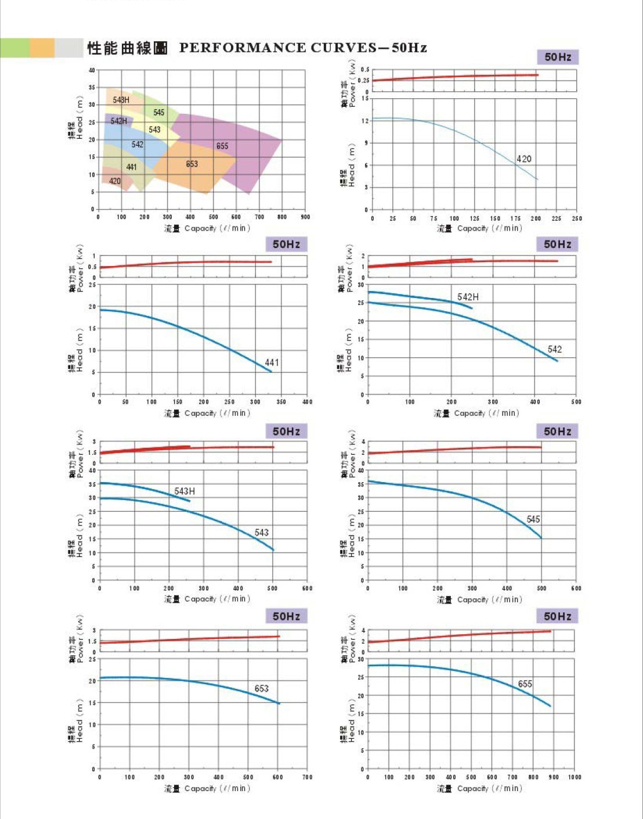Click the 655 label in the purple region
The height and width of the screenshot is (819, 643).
pyautogui.click(x=222, y=146)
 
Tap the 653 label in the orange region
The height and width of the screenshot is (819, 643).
pyautogui.click(x=192, y=164)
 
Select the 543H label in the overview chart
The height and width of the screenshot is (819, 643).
pyautogui.click(x=121, y=100)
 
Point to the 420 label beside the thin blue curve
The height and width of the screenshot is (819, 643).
pyautogui.click(x=523, y=159)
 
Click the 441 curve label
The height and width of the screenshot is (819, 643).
pyautogui.click(x=272, y=362)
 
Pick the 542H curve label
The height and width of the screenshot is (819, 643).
pyautogui.click(x=468, y=297)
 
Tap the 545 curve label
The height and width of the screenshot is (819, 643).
pyautogui.click(x=533, y=519)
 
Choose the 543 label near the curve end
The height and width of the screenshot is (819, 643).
pyautogui.click(x=262, y=533)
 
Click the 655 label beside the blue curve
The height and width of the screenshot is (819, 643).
pyautogui.click(x=525, y=684)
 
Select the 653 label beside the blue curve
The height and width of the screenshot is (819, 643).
pyautogui.click(x=262, y=688)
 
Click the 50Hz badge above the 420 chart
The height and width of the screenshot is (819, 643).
pyautogui.click(x=558, y=57)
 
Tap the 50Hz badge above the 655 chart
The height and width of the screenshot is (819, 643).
pyautogui.click(x=558, y=616)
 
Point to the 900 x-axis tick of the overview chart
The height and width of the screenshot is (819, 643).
pyautogui.click(x=305, y=217)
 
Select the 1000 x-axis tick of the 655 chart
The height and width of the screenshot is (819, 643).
pyautogui.click(x=575, y=777)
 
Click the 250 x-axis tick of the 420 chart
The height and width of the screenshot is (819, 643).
pyautogui.click(x=576, y=219)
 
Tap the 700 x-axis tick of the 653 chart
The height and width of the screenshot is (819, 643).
pyautogui.click(x=307, y=777)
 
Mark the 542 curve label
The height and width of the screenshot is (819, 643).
pyautogui.click(x=554, y=349)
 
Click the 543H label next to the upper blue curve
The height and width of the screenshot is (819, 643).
pyautogui.click(x=185, y=491)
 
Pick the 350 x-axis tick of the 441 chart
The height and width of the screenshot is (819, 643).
pyautogui.click(x=281, y=402)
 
